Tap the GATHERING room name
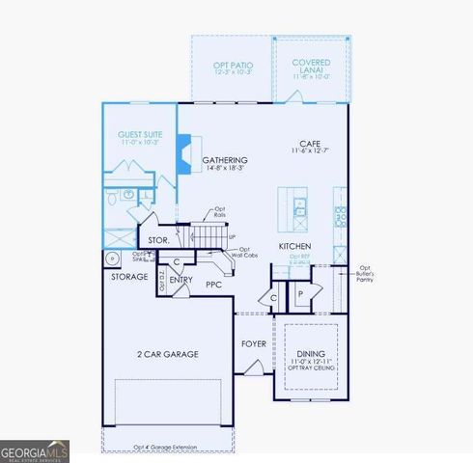(x=225, y=160)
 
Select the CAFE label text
(x=311, y=145)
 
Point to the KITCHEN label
(x=295, y=246)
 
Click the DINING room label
(x=311, y=354)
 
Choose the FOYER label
(x=254, y=342)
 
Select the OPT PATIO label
(x=232, y=65)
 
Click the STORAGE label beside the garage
(x=128, y=277)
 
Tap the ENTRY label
(x=181, y=280)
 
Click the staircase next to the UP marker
(x=208, y=234)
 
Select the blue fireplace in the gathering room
(x=183, y=154)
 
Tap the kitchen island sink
(x=300, y=205)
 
